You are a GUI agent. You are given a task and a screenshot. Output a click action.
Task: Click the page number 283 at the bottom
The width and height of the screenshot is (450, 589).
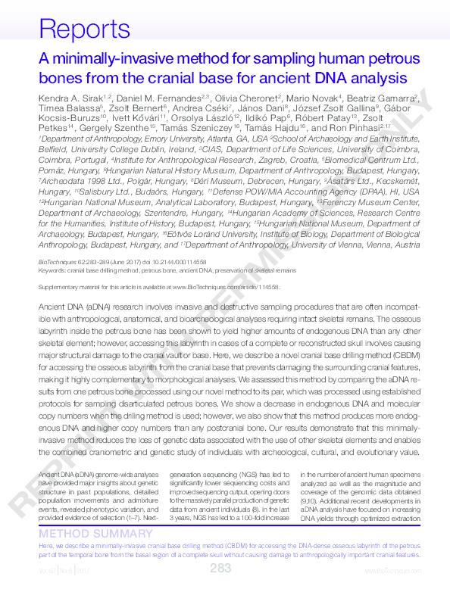[220, 569]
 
